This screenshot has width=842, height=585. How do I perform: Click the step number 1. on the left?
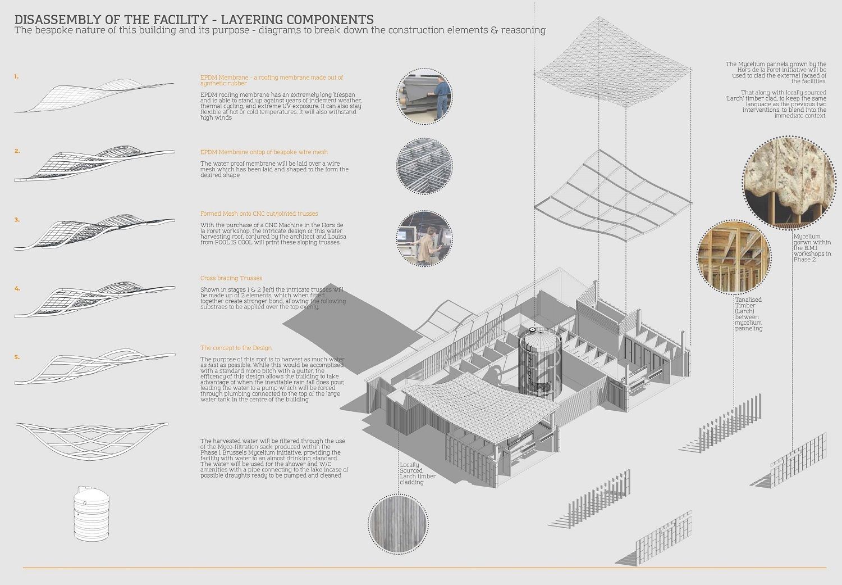coord(17,76)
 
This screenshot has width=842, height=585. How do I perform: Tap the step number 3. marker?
coord(17,220)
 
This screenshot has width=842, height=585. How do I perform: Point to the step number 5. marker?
coord(17,357)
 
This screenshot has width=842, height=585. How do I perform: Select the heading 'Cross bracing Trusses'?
coord(231,278)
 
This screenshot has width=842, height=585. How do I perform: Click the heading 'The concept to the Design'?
coord(236,348)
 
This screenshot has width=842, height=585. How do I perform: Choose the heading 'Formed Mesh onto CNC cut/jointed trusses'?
coord(259,214)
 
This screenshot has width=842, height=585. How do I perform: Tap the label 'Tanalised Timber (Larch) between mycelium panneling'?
coord(748,314)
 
